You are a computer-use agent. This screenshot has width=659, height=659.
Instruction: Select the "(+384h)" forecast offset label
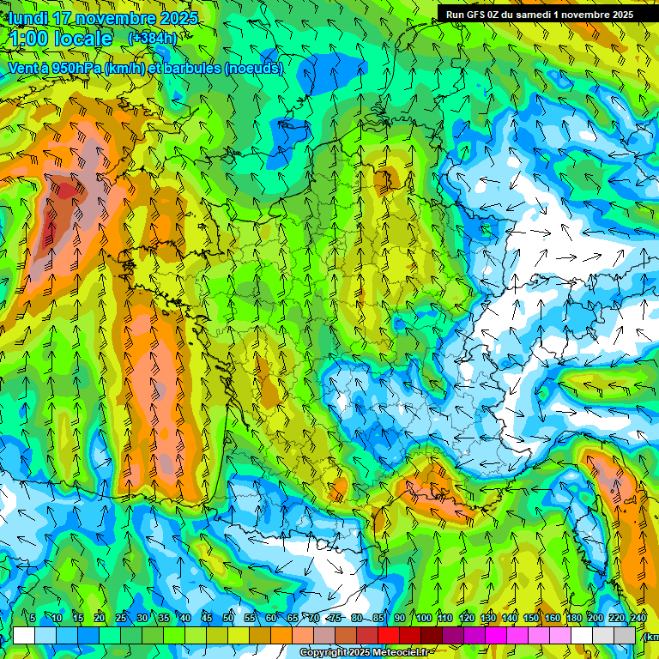click(152, 38)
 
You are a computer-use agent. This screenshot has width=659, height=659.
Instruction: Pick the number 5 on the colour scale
click(33, 618)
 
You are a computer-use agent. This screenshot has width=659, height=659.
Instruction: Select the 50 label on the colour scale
click(228, 618)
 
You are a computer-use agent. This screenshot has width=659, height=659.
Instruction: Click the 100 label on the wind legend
click(424, 618)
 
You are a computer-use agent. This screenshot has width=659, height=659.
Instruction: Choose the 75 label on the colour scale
click(336, 618)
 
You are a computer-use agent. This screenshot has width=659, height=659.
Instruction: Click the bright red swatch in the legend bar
click(389, 635)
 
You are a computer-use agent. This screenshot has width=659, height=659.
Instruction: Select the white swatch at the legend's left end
click(24, 635)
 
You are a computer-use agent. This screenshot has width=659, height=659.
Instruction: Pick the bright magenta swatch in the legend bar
click(496, 635)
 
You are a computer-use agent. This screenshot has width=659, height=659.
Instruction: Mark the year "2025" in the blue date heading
click(178, 18)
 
